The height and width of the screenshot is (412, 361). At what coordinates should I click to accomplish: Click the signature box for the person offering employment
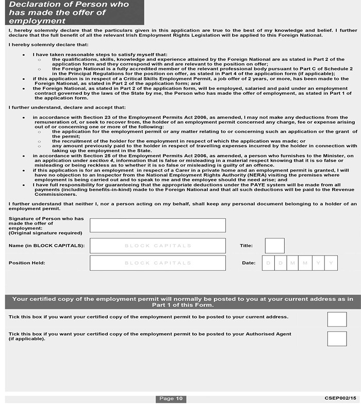[x=157, y=226]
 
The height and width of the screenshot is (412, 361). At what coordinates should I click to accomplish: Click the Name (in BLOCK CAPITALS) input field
[x=157, y=246]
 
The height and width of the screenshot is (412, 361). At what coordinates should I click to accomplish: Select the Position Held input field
[x=157, y=263]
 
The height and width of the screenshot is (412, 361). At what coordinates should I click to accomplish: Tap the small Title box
[x=274, y=246]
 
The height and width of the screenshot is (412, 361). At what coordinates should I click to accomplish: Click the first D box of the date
[x=268, y=263]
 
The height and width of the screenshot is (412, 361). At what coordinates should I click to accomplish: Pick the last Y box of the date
[x=331, y=263]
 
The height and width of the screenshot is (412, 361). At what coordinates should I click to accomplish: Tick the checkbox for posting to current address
[x=337, y=319]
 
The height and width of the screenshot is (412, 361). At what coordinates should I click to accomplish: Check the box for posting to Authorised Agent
[x=337, y=338]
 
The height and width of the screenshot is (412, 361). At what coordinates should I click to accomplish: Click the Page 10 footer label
[x=171, y=399]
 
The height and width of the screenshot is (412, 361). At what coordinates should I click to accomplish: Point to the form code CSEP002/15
[x=340, y=399]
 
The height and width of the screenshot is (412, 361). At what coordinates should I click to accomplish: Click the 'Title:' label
[x=246, y=246]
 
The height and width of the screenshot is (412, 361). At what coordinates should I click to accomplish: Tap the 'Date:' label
[x=249, y=263]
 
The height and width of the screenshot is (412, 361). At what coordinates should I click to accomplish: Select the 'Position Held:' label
[x=27, y=263]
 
